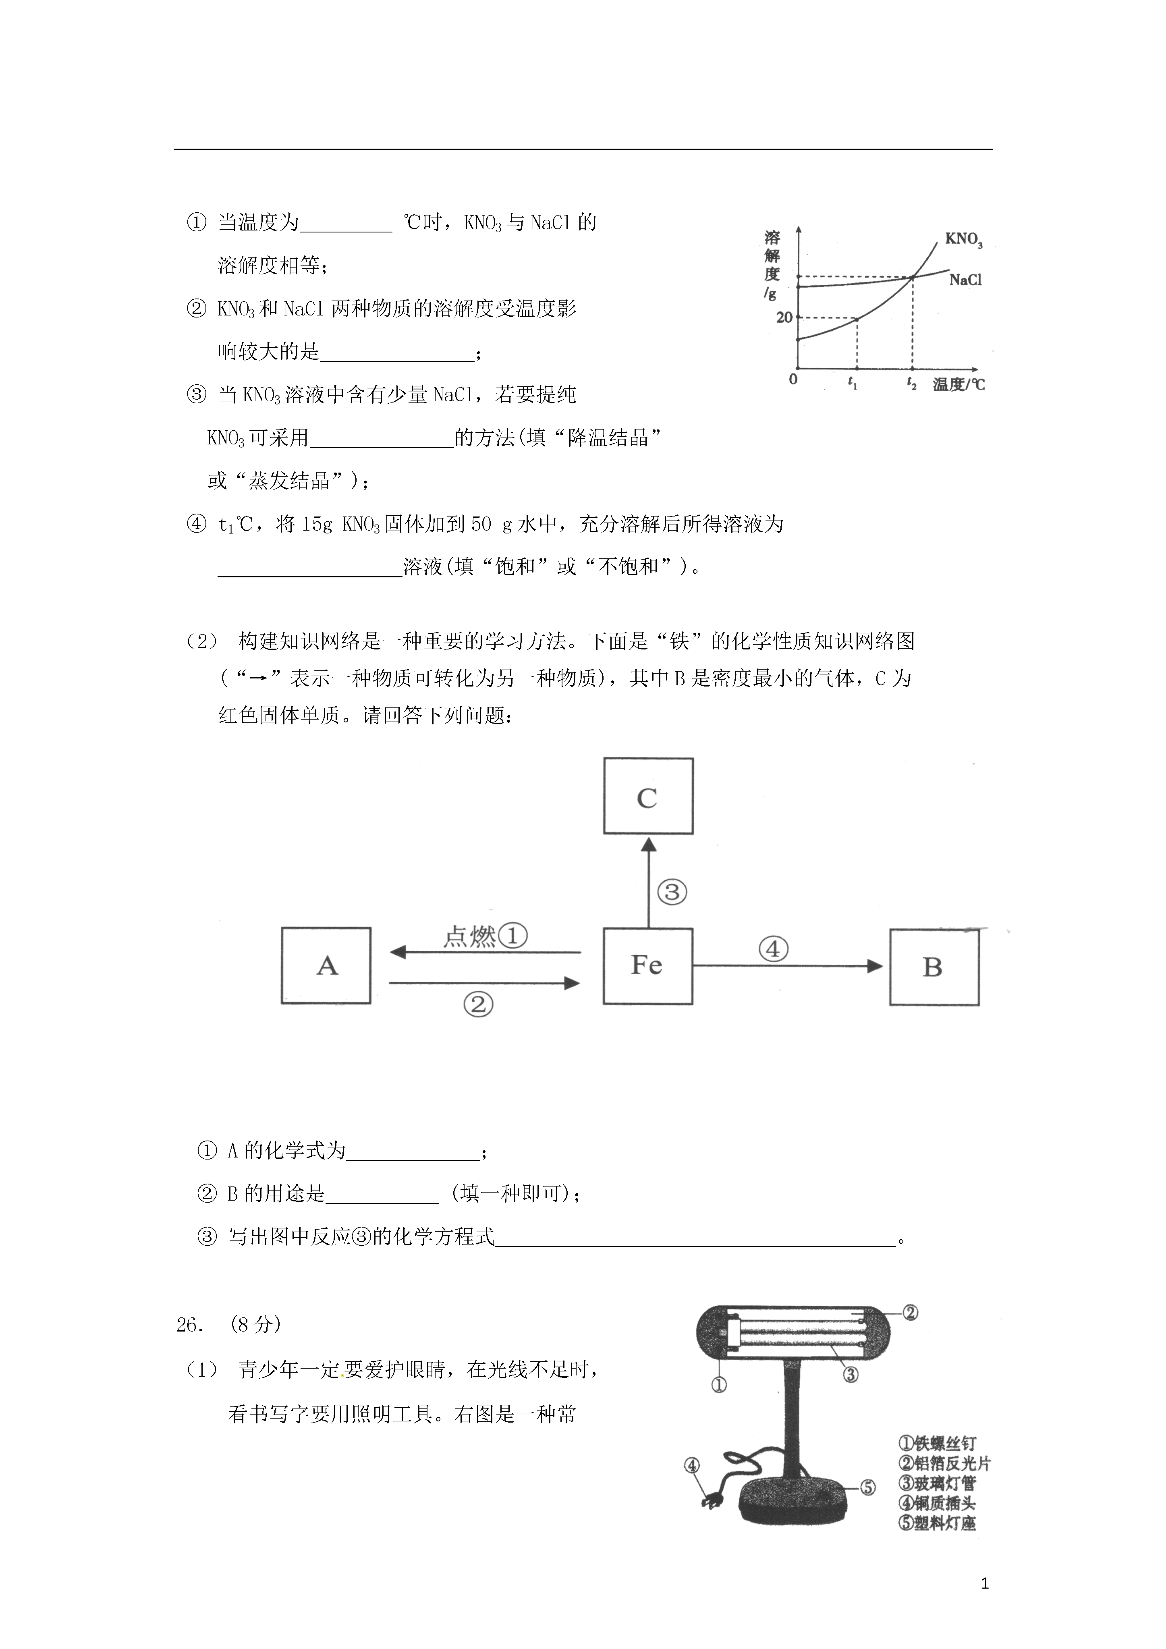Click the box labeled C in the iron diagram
point(648,796)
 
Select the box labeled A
point(326,965)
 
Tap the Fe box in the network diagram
point(647,965)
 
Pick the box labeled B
point(934,967)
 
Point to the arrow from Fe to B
point(787,966)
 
